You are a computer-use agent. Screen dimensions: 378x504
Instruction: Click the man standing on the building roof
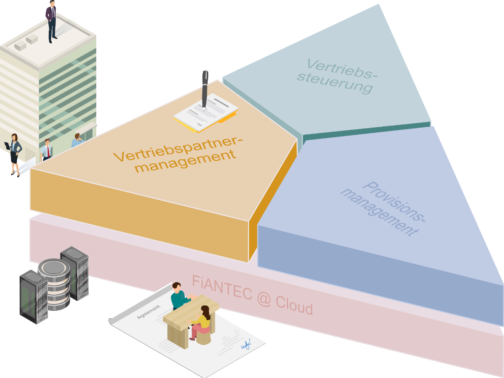(51, 21)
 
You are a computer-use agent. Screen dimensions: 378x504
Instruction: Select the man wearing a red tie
(47, 149)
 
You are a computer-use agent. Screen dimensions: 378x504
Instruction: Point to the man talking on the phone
(76, 140)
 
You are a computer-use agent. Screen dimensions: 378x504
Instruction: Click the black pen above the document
(205, 88)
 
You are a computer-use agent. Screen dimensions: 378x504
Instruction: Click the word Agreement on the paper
(148, 311)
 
